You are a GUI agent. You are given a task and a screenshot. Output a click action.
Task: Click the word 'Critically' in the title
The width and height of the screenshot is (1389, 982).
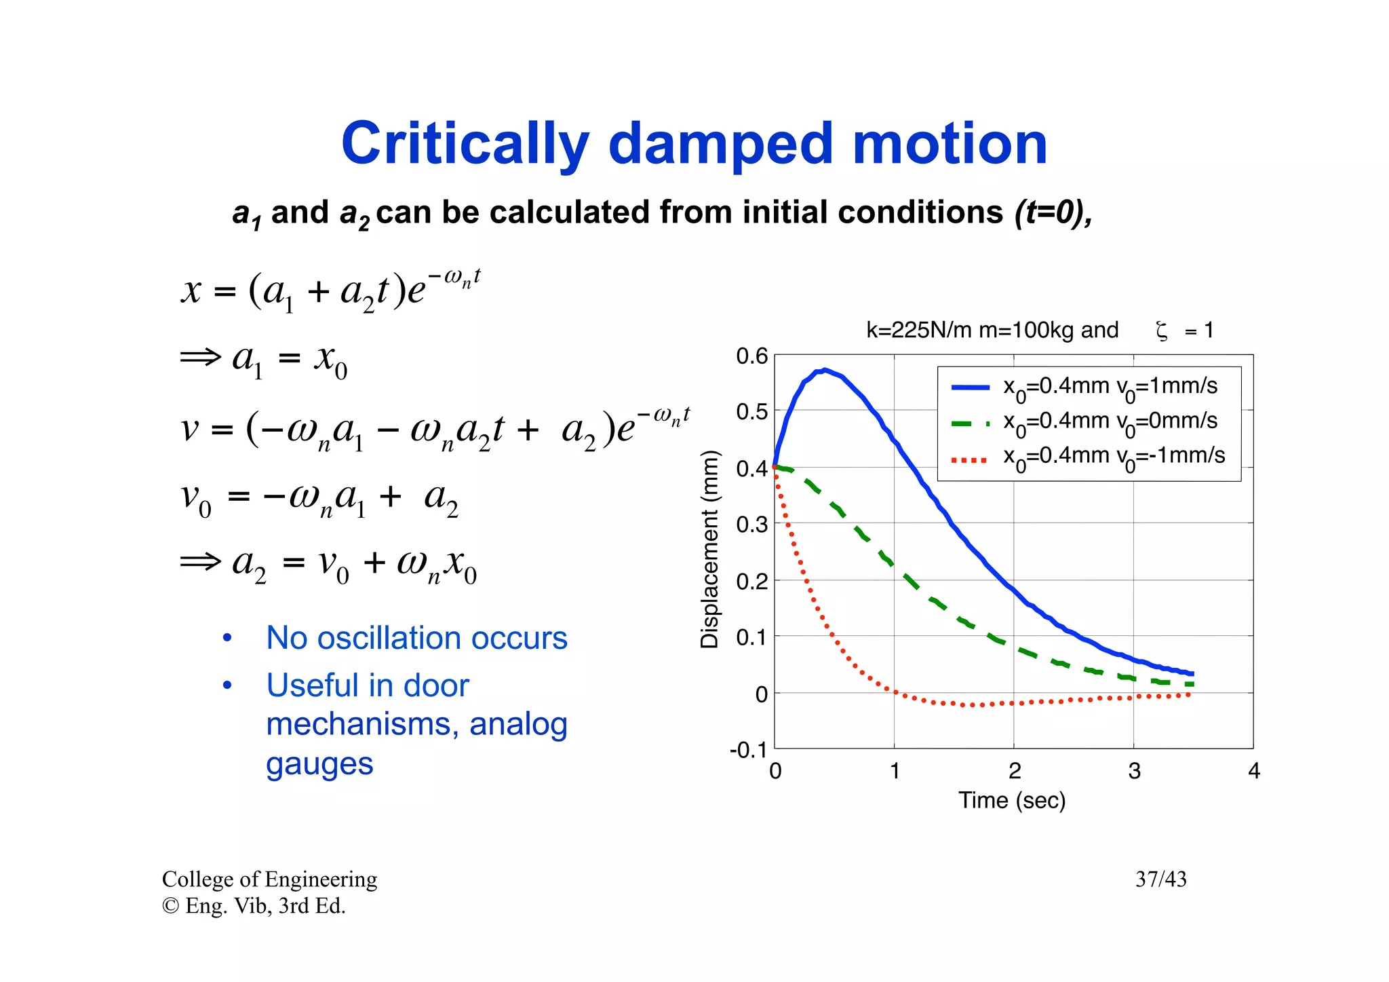coord(465,145)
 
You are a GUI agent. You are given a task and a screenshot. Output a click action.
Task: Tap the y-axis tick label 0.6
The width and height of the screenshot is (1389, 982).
coord(751,356)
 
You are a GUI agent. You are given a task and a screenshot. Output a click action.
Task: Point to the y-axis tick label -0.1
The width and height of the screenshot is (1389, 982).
coord(748,750)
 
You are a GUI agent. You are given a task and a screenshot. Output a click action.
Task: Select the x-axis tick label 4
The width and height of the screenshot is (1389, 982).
coord(1253,771)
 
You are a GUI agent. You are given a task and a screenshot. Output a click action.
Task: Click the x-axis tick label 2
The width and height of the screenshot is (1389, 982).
coord(1014,771)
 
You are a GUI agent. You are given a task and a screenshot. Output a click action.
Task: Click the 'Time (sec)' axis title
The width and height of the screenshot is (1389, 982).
coord(1011,801)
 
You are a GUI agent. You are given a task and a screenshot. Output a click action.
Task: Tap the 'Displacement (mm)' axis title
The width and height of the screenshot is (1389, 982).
coord(709,549)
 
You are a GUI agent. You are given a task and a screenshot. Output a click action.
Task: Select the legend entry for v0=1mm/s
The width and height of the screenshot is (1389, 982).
coord(1110,387)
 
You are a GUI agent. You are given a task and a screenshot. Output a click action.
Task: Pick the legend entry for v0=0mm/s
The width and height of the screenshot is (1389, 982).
coord(1110,421)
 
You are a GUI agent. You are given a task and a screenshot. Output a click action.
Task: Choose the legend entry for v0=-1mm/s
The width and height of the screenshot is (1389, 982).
coord(1114,456)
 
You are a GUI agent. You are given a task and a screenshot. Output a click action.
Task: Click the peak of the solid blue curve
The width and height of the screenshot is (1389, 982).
coord(823,371)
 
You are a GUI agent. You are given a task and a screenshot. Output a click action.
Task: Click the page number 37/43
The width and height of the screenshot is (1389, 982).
coord(1160,880)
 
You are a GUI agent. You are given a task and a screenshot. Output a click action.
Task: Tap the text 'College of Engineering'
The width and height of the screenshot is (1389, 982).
coord(269,880)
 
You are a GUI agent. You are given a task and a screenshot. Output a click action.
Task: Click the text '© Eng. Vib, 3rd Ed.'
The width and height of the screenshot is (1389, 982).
coord(254,906)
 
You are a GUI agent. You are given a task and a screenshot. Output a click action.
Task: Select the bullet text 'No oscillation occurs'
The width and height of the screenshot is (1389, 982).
coord(416,638)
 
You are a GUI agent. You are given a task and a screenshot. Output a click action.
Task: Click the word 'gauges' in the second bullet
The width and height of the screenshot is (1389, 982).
coord(319,764)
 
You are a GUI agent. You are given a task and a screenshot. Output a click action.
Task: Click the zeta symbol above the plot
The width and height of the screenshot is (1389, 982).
coord(1161,331)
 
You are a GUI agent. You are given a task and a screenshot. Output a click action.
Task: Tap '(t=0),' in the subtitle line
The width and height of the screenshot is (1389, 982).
coord(1053,212)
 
